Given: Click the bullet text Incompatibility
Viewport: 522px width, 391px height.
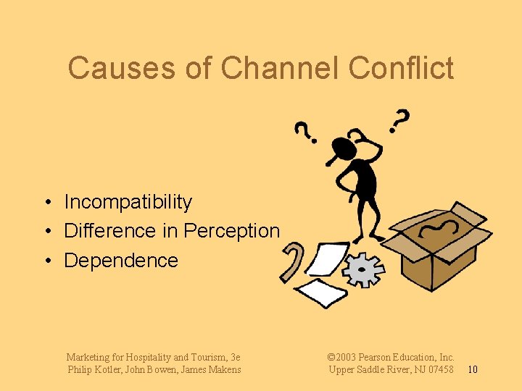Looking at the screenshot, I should click(128, 202).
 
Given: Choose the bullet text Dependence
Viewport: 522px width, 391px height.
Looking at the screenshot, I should click(121, 261).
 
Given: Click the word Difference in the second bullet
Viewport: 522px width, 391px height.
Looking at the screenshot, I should click(110, 231).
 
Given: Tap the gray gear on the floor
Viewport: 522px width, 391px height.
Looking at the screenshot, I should click(363, 270).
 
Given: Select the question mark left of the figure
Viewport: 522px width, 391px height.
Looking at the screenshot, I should click(304, 130).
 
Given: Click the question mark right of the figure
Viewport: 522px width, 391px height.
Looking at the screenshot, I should click(399, 119).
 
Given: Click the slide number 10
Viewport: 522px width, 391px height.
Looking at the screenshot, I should click(472, 370).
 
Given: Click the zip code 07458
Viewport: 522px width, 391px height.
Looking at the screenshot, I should click(439, 370).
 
